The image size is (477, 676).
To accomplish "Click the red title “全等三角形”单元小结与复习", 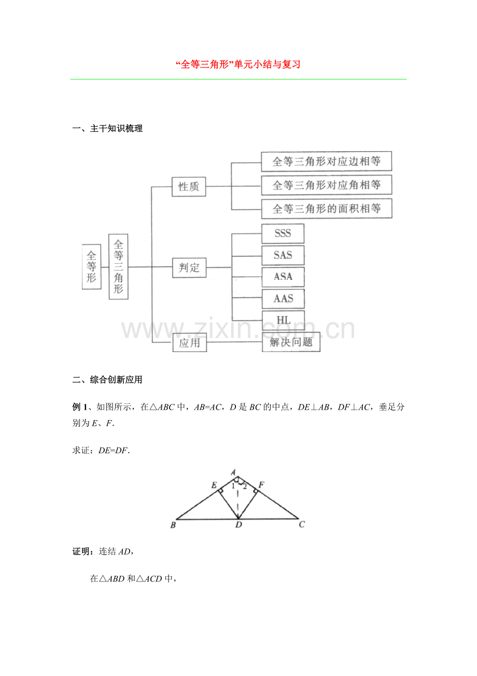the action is pyautogui.click(x=238, y=64).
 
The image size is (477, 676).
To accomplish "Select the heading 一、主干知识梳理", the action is pyautogui.click(x=107, y=129).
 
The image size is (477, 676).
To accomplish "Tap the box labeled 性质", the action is pyautogui.click(x=189, y=186).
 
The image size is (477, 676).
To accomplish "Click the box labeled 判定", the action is pyautogui.click(x=189, y=267).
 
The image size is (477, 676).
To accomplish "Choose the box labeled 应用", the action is pyautogui.click(x=190, y=343).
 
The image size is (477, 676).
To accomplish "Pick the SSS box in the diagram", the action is pyautogui.click(x=283, y=234).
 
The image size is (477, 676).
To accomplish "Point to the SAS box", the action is pyautogui.click(x=283, y=255).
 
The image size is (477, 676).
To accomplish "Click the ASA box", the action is pyautogui.click(x=283, y=277).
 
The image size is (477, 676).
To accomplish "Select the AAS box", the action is pyautogui.click(x=283, y=299).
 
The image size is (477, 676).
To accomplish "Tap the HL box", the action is pyautogui.click(x=283, y=320).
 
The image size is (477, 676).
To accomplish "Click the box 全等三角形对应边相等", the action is pyautogui.click(x=326, y=161).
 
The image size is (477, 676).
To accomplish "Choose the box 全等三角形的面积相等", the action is pyautogui.click(x=327, y=209).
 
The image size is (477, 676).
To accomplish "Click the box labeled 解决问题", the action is pyautogui.click(x=291, y=342).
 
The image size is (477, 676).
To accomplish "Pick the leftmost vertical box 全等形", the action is pyautogui.click(x=92, y=267).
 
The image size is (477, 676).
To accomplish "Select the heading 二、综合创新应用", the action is pyautogui.click(x=107, y=380).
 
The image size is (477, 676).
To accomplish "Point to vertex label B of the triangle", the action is pyautogui.click(x=173, y=525).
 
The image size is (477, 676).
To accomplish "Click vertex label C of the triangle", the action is pyautogui.click(x=302, y=524).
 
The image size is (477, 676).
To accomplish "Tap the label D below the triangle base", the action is pyautogui.click(x=238, y=525).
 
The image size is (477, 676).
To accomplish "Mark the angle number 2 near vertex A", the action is pyautogui.click(x=245, y=487).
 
